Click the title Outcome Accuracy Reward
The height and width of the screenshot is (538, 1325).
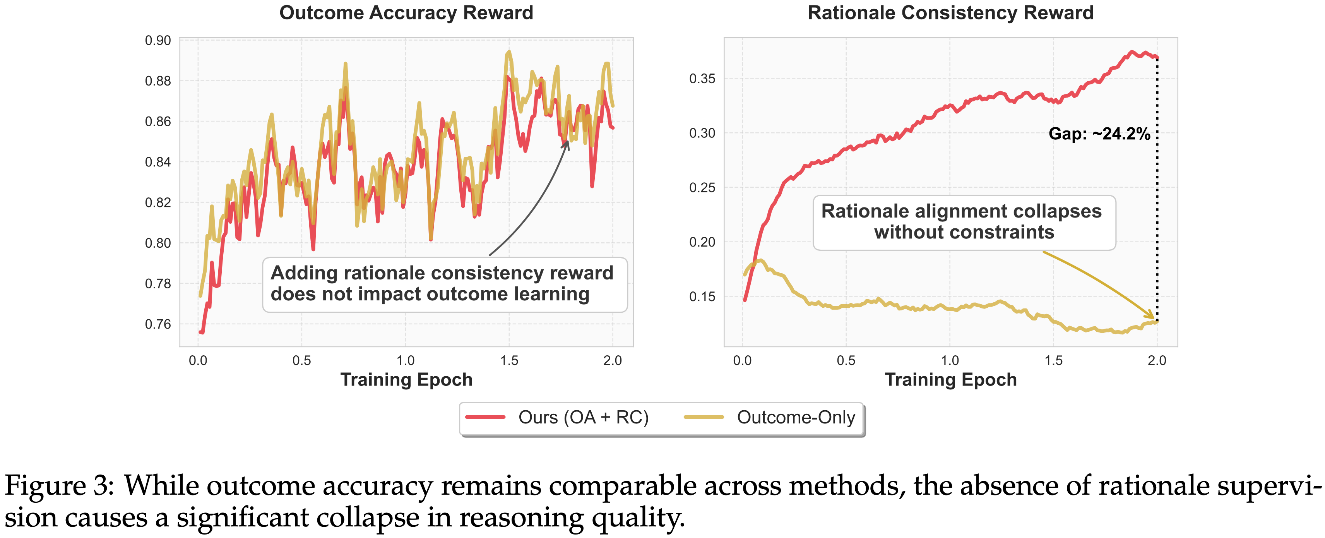(406, 13)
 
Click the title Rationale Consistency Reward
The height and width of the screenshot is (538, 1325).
(950, 13)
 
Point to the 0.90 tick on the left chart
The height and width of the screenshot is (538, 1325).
(158, 41)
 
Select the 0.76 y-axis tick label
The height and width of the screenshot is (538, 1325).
(158, 324)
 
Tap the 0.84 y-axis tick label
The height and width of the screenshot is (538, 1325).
(158, 162)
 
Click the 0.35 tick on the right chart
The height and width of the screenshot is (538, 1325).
(702, 79)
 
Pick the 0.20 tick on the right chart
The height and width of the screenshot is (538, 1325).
(702, 242)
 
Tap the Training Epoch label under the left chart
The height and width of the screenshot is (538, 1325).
(406, 380)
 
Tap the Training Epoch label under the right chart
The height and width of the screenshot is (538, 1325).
(950, 380)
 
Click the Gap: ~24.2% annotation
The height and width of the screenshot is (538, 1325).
(1099, 134)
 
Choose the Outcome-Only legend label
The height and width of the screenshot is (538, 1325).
(796, 417)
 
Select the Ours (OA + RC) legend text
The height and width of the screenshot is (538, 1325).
(583, 417)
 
